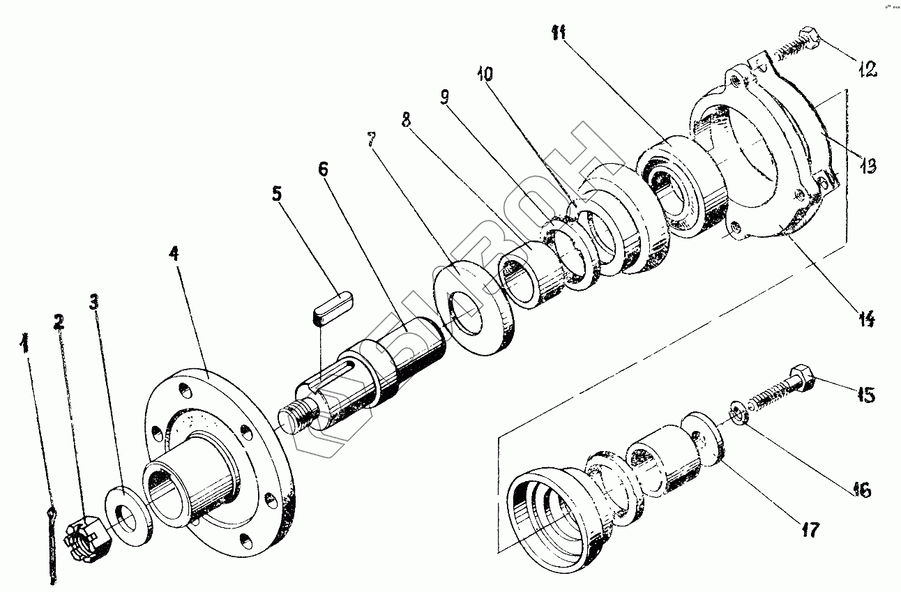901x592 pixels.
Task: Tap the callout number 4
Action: pos(174,252)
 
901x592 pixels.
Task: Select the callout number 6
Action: pos(323,170)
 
